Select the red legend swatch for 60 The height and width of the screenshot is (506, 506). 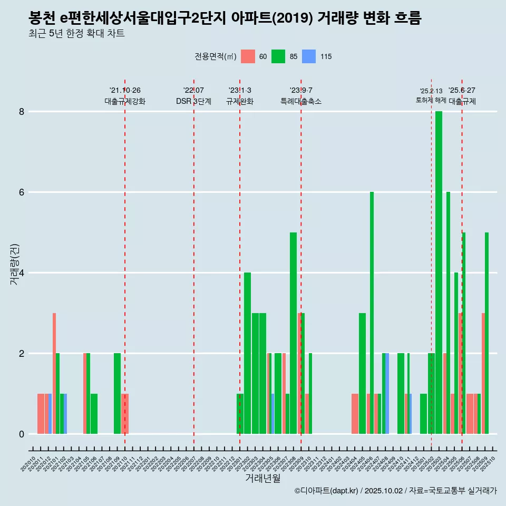[x=248, y=56]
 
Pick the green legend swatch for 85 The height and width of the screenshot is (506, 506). [x=278, y=56]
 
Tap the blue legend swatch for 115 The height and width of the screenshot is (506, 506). [x=309, y=56]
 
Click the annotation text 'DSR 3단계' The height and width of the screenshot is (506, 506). [x=193, y=102]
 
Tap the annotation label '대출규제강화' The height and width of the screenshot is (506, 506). [x=125, y=102]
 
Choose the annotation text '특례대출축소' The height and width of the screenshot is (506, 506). [x=301, y=102]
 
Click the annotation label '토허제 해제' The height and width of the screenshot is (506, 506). [x=431, y=100]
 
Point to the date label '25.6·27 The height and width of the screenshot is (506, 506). [x=462, y=90]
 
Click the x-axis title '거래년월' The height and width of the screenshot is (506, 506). [x=262, y=478]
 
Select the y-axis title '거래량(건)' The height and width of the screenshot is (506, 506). [x=14, y=265]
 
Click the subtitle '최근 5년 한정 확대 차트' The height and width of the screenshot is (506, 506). [x=77, y=34]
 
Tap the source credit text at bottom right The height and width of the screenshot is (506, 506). [x=396, y=491]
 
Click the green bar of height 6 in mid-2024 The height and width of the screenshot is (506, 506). [x=372, y=313]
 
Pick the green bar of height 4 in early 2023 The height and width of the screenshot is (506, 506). [x=247, y=353]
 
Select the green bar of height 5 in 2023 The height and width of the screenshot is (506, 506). [x=293, y=333]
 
